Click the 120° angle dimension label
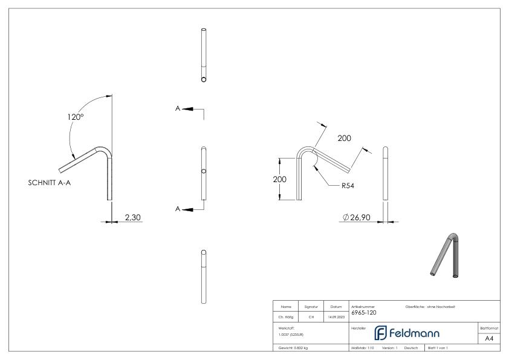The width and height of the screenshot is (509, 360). click(76, 117)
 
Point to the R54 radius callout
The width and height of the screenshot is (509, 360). click(347, 186)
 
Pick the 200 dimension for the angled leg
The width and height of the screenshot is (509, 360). click(345, 139)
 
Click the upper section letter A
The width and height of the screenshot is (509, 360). click(178, 109)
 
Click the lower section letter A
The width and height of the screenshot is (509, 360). click(178, 209)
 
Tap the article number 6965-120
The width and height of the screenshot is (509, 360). click(365, 313)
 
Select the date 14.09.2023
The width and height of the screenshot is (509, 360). click(336, 316)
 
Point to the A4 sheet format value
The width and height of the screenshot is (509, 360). click(489, 339)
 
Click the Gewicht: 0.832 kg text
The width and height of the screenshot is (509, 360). click(292, 349)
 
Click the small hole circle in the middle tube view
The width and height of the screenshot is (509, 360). click(204, 172)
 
